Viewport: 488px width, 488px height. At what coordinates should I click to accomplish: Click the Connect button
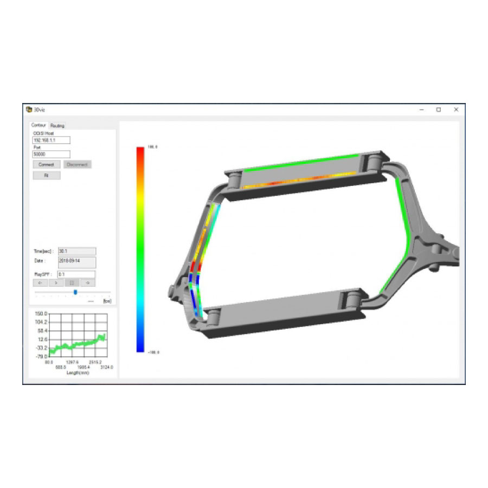pyautogui.click(x=46, y=164)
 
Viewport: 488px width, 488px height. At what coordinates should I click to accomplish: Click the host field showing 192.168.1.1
pyautogui.click(x=52, y=140)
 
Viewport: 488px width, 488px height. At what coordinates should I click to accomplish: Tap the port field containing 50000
pyautogui.click(x=52, y=154)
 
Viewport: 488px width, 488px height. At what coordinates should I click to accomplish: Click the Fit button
pyautogui.click(x=46, y=176)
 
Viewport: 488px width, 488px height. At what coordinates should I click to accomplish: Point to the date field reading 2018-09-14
pyautogui.click(x=76, y=262)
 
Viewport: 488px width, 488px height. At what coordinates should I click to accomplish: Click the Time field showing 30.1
pyautogui.click(x=76, y=251)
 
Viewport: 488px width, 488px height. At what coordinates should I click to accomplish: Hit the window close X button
pyautogui.click(x=456, y=110)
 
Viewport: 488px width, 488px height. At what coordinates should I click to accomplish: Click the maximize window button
pyautogui.click(x=439, y=110)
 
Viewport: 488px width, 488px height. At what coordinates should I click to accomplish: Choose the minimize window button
pyautogui.click(x=421, y=110)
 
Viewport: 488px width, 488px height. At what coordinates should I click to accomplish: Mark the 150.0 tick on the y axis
pyautogui.click(x=41, y=314)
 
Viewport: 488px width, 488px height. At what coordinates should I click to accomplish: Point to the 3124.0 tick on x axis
pyautogui.click(x=107, y=367)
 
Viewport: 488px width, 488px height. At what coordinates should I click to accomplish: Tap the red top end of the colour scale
pyautogui.click(x=140, y=149)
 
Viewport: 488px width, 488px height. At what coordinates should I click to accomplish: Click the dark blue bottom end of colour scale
pyautogui.click(x=140, y=349)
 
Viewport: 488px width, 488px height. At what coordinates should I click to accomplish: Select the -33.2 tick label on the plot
pyautogui.click(x=41, y=348)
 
